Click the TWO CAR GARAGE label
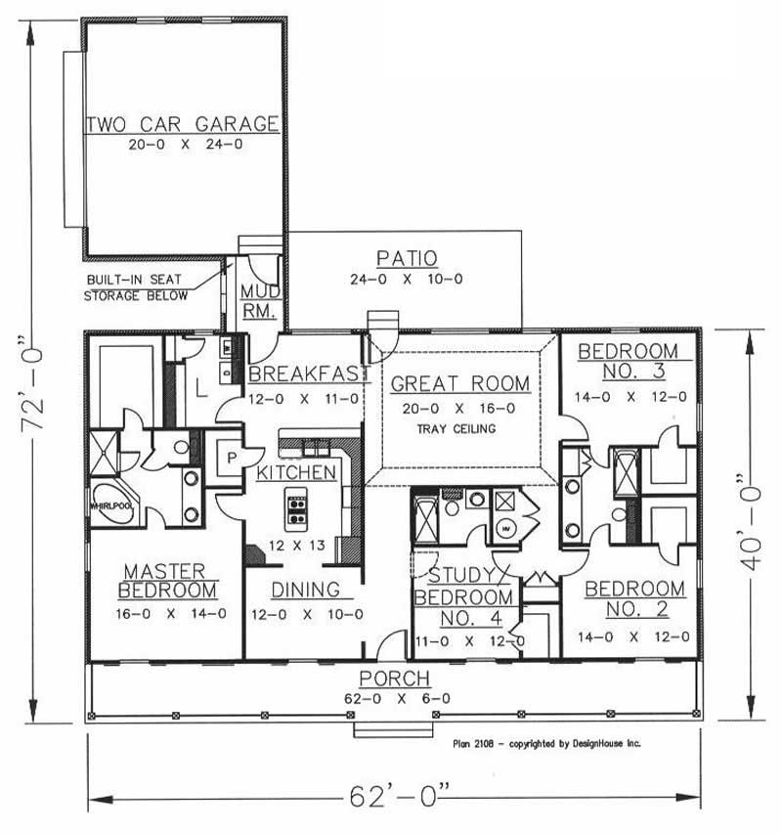click(183, 124)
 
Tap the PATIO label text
click(406, 259)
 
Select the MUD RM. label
click(261, 301)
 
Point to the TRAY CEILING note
click(456, 428)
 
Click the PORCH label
click(394, 679)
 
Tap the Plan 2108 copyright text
click(546, 743)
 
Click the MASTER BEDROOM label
click(167, 581)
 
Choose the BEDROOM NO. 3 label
click(627, 362)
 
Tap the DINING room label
click(305, 591)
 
